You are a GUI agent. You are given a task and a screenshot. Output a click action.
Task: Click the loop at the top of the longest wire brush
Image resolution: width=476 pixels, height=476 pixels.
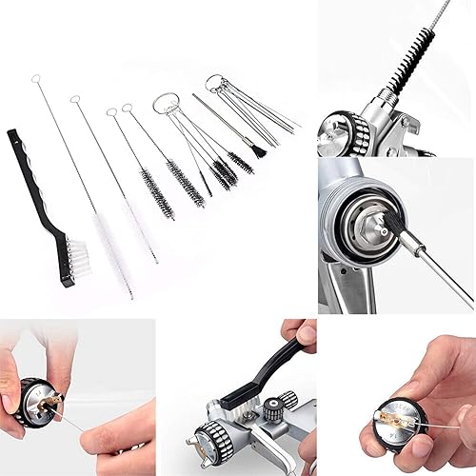pyautogui.click(x=36, y=77)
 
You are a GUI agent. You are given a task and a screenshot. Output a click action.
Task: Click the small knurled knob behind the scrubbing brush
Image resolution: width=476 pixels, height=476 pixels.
pyautogui.click(x=273, y=409)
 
